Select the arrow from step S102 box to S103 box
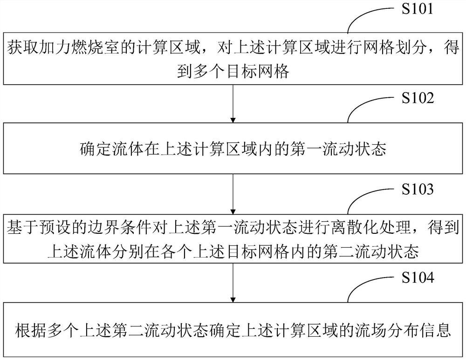pyautogui.click(x=233, y=194)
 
